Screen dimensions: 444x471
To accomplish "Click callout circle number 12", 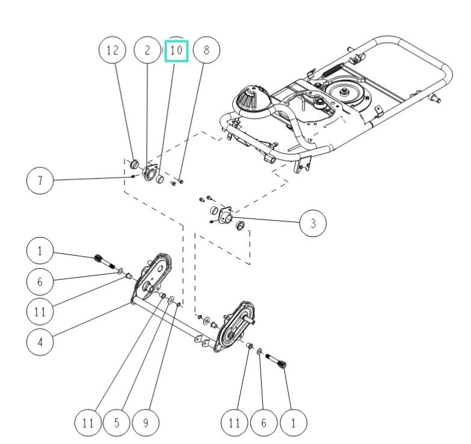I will point(112,51).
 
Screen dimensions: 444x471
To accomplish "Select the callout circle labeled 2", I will point(147,51).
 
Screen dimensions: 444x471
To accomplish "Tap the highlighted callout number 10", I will point(176,51).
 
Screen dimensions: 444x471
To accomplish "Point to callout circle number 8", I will point(206,51).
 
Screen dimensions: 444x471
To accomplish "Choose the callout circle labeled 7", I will point(40,181).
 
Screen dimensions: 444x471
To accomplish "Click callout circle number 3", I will point(313,223).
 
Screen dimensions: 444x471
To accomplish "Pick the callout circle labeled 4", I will point(40,342).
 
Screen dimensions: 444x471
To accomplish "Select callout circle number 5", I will point(117,422).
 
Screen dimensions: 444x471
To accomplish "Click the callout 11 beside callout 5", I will point(88,422).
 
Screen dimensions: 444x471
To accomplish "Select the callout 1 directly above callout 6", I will point(40,251).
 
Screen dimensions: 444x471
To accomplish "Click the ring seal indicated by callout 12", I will point(135,164).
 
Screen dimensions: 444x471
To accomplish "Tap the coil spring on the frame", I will point(332,67).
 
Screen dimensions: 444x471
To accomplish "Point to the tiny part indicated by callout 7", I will point(132,176).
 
